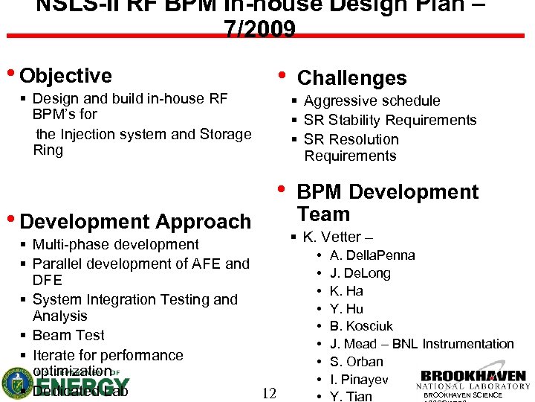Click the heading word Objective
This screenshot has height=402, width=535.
[66, 76]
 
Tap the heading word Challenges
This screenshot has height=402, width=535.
[351, 78]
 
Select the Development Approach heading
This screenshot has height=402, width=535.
[136, 222]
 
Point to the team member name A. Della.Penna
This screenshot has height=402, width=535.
[372, 255]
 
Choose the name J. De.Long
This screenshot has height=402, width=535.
[360, 273]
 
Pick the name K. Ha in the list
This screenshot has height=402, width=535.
[346, 291]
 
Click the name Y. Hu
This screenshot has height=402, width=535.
[346, 309]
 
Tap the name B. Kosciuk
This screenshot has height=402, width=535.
[361, 326]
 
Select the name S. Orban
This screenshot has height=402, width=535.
[356, 362]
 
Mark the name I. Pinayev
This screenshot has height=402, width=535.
[359, 380]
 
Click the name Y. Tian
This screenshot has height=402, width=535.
[351, 396]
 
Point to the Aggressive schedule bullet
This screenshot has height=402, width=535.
[372, 100]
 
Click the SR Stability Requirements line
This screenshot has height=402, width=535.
[390, 120]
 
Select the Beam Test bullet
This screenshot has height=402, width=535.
[68, 335]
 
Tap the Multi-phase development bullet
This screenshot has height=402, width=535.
[116, 244]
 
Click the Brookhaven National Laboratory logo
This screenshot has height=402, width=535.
[473, 380]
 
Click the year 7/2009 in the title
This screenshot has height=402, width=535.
[259, 28]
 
